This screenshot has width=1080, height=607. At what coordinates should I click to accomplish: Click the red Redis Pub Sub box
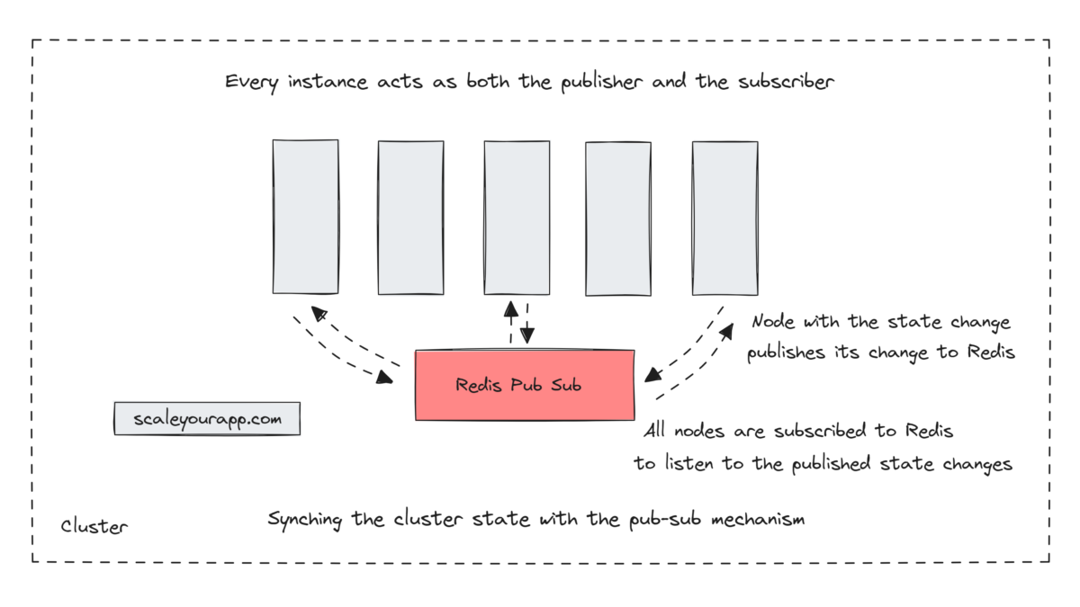525,385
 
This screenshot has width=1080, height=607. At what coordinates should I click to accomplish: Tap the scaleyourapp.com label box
207,419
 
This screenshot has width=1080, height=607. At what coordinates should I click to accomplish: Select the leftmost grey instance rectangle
306,216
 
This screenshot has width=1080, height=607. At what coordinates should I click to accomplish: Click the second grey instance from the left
410,217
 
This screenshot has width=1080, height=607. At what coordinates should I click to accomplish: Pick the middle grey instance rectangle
517,217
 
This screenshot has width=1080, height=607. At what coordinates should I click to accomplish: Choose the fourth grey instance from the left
618,219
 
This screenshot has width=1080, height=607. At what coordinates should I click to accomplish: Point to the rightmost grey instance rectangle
724,218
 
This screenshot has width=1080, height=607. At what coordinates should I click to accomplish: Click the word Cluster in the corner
94,526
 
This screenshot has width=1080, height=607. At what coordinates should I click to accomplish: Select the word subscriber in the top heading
788,82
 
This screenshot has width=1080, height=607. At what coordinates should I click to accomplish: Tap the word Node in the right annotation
774,322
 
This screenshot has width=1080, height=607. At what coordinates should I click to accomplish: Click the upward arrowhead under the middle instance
511,309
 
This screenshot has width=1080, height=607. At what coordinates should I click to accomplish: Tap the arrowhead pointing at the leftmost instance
318,312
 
